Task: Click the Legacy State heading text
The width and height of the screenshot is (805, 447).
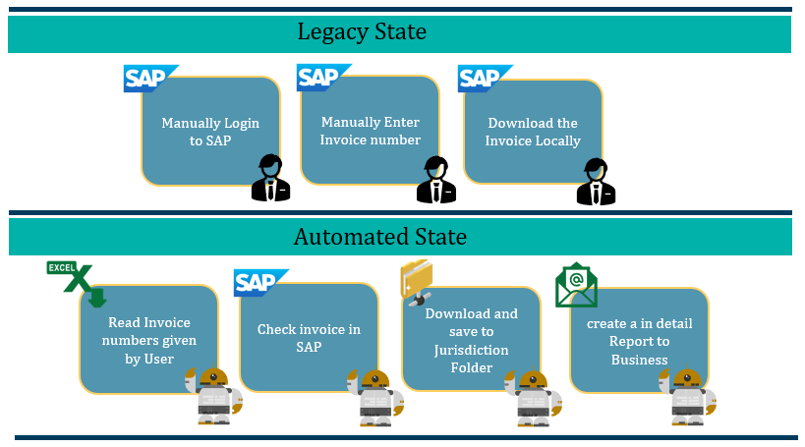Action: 362,32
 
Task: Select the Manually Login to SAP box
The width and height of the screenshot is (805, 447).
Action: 209,132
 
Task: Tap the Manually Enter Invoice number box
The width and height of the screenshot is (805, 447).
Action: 370,131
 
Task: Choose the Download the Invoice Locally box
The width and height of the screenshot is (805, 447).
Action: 533,132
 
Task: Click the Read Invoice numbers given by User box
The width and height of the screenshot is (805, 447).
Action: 148,340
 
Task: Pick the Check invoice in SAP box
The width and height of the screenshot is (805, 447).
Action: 308,338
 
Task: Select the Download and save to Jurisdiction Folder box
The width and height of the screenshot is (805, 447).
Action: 471,340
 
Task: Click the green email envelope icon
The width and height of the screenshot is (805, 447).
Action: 576,286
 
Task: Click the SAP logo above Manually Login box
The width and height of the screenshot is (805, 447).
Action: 150,79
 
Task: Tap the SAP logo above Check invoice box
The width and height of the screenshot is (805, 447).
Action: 260,283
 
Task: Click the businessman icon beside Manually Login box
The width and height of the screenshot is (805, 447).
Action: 270,178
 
